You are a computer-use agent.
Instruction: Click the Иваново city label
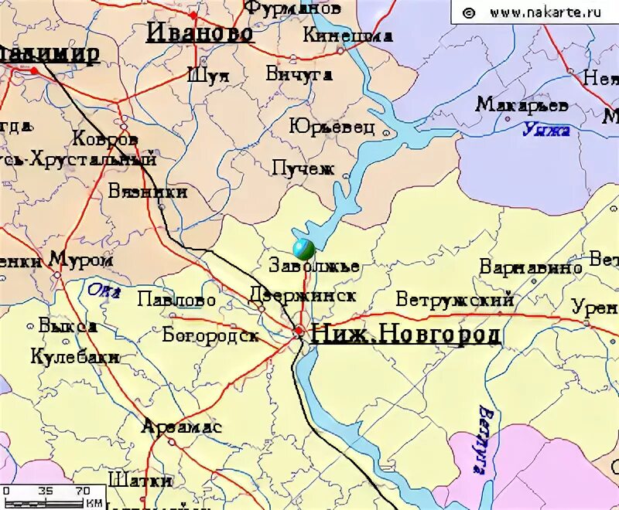pyautogui.click(x=200, y=32)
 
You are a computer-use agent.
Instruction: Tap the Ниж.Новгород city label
pyautogui.click(x=405, y=334)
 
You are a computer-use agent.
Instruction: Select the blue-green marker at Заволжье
pyautogui.click(x=303, y=249)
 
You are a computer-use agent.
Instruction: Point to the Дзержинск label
pyautogui.click(x=303, y=295)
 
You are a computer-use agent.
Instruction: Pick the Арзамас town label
pyautogui.click(x=182, y=427)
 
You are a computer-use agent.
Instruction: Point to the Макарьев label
pyautogui.click(x=522, y=104)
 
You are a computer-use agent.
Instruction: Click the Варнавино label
pyautogui.click(x=531, y=267)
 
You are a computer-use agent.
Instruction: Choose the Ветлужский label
pyautogui.click(x=455, y=299)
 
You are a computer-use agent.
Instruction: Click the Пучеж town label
pyautogui.click(x=303, y=167)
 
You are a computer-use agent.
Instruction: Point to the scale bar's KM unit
pyautogui.click(x=94, y=503)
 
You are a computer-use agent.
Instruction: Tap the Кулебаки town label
pyautogui.click(x=75, y=357)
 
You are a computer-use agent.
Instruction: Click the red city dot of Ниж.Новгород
pyautogui.click(x=299, y=331)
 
